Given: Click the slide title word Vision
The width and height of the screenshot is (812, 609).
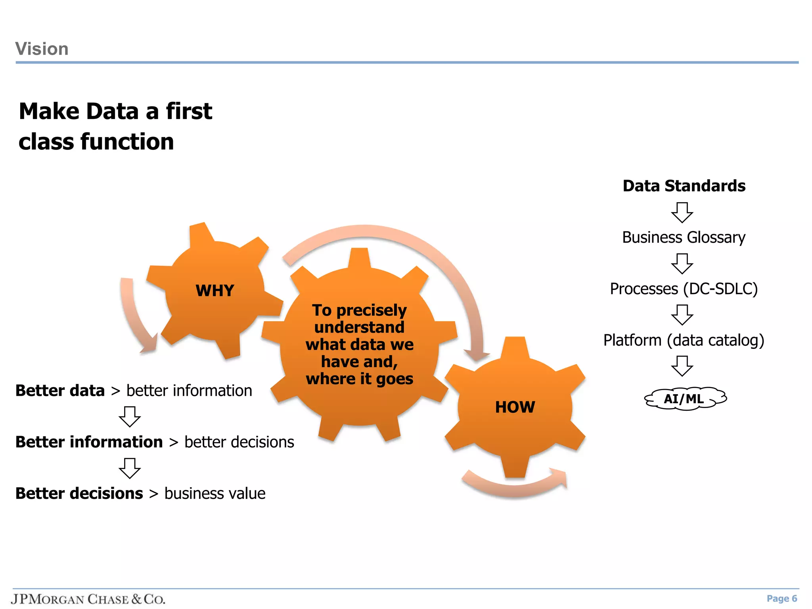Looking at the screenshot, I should point(42,49).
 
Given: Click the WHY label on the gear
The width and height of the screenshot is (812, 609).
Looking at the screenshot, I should point(215,291).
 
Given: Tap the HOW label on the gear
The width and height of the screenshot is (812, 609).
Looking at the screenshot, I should point(515,407).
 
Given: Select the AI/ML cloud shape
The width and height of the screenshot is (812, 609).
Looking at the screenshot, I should point(685,398).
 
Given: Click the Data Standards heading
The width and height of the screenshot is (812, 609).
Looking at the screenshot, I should point(684,186).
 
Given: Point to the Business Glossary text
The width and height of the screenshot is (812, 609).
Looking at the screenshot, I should point(684,237).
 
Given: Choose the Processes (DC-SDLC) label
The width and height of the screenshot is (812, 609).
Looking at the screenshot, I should point(684,289).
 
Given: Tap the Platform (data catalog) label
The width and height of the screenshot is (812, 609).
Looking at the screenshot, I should point(684,340).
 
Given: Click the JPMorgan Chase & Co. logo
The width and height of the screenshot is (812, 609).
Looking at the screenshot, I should point(88,599).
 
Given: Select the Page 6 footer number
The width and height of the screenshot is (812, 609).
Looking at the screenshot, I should point(781,599).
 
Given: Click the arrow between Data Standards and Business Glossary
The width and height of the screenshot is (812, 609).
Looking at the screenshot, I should point(682,213).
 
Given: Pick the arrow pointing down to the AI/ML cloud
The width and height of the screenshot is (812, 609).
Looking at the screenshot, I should point(682,366).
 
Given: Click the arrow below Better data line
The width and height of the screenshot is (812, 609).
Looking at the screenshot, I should point(130,416).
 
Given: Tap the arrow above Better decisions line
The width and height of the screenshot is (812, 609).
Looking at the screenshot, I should point(130,468).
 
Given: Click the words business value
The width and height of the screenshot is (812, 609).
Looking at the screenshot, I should point(215,494).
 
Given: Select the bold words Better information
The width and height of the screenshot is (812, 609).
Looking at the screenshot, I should point(89,442).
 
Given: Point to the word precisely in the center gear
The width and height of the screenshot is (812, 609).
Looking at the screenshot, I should point(372,310).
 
